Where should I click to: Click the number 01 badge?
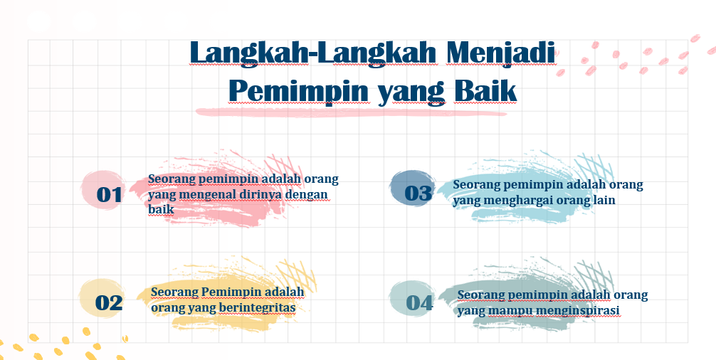pos(104,190)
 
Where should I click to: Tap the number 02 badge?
pos(103,298)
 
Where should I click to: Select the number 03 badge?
pos(414,189)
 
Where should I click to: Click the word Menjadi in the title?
pos(501,53)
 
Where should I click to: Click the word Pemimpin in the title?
pos(299,91)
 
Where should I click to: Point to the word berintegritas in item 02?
pos(257,307)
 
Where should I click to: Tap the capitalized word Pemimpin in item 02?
pos(231,292)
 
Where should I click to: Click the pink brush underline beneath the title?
pos(351,112)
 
